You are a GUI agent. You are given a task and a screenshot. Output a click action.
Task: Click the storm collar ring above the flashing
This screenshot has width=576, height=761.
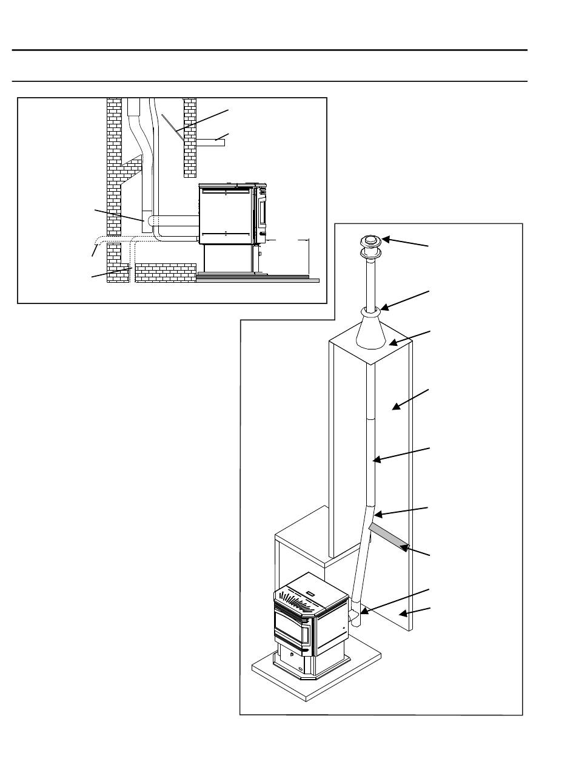tap(370, 311)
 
